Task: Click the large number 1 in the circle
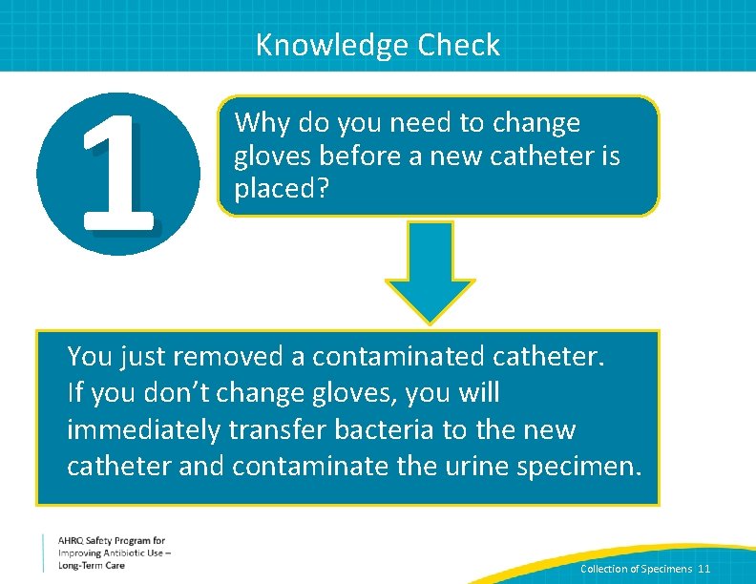[x=118, y=173]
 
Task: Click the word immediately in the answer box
[x=143, y=430]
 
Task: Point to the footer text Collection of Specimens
[x=637, y=569]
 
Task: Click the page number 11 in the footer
[x=704, y=569]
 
